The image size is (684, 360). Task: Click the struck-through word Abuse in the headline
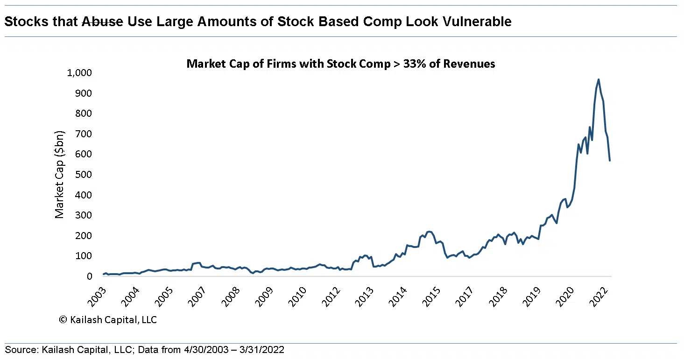(x=103, y=21)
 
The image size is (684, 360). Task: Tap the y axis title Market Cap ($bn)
(x=59, y=175)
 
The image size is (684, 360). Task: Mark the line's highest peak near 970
(x=599, y=79)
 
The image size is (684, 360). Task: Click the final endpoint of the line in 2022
(x=609, y=161)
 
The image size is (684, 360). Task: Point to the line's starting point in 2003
(x=104, y=274)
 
